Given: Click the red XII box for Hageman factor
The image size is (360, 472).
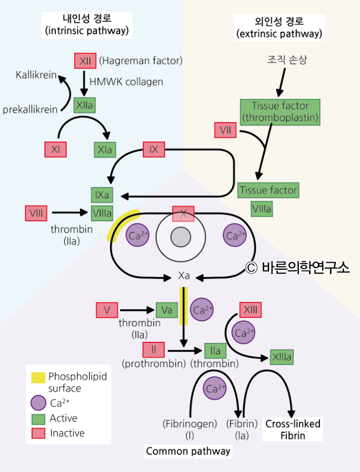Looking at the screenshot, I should (x=85, y=61).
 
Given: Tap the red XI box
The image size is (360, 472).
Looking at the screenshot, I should (x=55, y=149).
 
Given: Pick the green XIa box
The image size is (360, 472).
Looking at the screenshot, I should (x=104, y=149).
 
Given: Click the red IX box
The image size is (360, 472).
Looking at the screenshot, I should (x=154, y=149).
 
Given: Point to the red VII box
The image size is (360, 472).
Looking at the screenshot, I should (x=225, y=130).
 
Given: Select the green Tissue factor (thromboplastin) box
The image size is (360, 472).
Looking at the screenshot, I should (x=280, y=112).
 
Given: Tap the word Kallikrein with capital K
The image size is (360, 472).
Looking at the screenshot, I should (x=36, y=76).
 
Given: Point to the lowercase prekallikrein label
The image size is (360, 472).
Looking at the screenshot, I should (x=30, y=109).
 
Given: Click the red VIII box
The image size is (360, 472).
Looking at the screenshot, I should (x=36, y=213).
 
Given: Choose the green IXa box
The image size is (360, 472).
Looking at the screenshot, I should (x=102, y=195).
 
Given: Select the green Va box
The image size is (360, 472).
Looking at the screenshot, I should (x=167, y=310).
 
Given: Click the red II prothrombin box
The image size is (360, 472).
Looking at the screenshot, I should (x=154, y=350).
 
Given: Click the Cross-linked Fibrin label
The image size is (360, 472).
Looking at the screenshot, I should (x=293, y=429).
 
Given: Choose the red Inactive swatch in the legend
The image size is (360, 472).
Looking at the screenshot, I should (x=38, y=433).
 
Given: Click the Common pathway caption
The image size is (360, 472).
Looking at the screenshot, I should (x=188, y=451).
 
